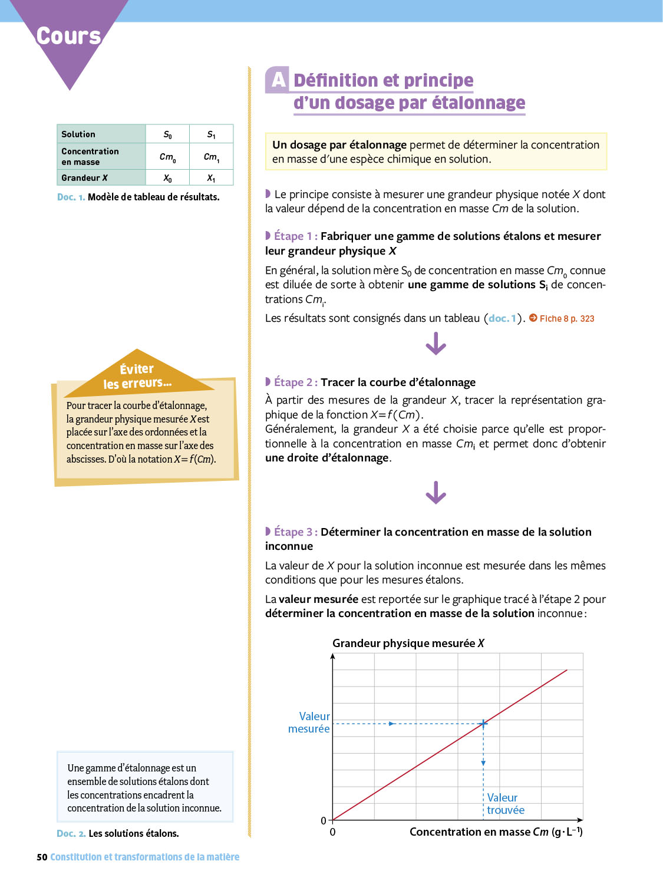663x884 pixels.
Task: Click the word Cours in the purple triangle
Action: [x=68, y=36]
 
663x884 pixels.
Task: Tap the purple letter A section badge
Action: [x=278, y=80]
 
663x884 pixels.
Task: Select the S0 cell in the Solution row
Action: [x=167, y=134]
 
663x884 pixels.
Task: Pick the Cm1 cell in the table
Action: [x=211, y=157]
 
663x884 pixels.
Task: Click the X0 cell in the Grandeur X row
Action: [x=167, y=178]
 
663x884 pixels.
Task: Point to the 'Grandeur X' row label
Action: [x=84, y=178]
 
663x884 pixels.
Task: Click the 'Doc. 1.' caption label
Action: [x=71, y=197]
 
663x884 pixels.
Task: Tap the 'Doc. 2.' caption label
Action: [x=71, y=833]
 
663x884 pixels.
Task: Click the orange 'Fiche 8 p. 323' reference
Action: [x=566, y=319]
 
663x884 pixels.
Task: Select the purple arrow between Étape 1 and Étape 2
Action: [x=436, y=344]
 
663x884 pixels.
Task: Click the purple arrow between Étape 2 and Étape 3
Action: [x=436, y=493]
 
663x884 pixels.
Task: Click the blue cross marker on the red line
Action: [x=483, y=723]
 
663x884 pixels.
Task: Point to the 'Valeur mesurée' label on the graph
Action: [x=309, y=723]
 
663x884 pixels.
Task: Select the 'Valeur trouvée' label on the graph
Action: [x=505, y=804]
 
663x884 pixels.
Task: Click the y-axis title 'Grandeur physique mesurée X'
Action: [x=408, y=643]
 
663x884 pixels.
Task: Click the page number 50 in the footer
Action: [x=42, y=857]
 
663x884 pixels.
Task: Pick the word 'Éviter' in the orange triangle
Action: [x=137, y=369]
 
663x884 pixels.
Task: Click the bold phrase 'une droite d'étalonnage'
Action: [x=327, y=458]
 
